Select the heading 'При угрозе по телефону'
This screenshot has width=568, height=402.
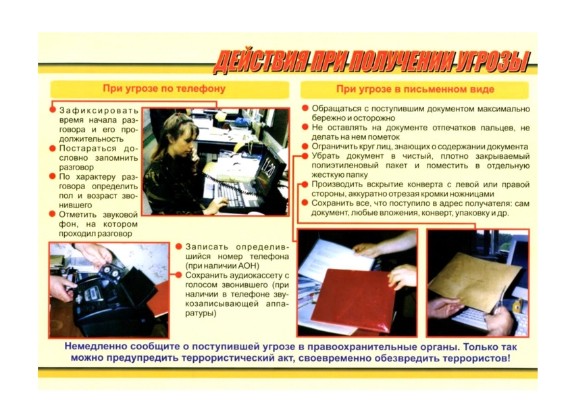coord(164,89)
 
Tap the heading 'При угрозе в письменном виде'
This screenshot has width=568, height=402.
coord(415,89)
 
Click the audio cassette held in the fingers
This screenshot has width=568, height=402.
coord(110,270)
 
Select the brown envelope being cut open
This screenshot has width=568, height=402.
coord(475,280)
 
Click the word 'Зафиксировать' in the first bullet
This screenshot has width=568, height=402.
coord(99,111)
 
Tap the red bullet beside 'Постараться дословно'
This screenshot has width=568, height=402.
coord(53,148)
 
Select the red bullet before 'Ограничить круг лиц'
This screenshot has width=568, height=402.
coord(305,147)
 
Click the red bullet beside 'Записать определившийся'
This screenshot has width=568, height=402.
coord(178,247)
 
